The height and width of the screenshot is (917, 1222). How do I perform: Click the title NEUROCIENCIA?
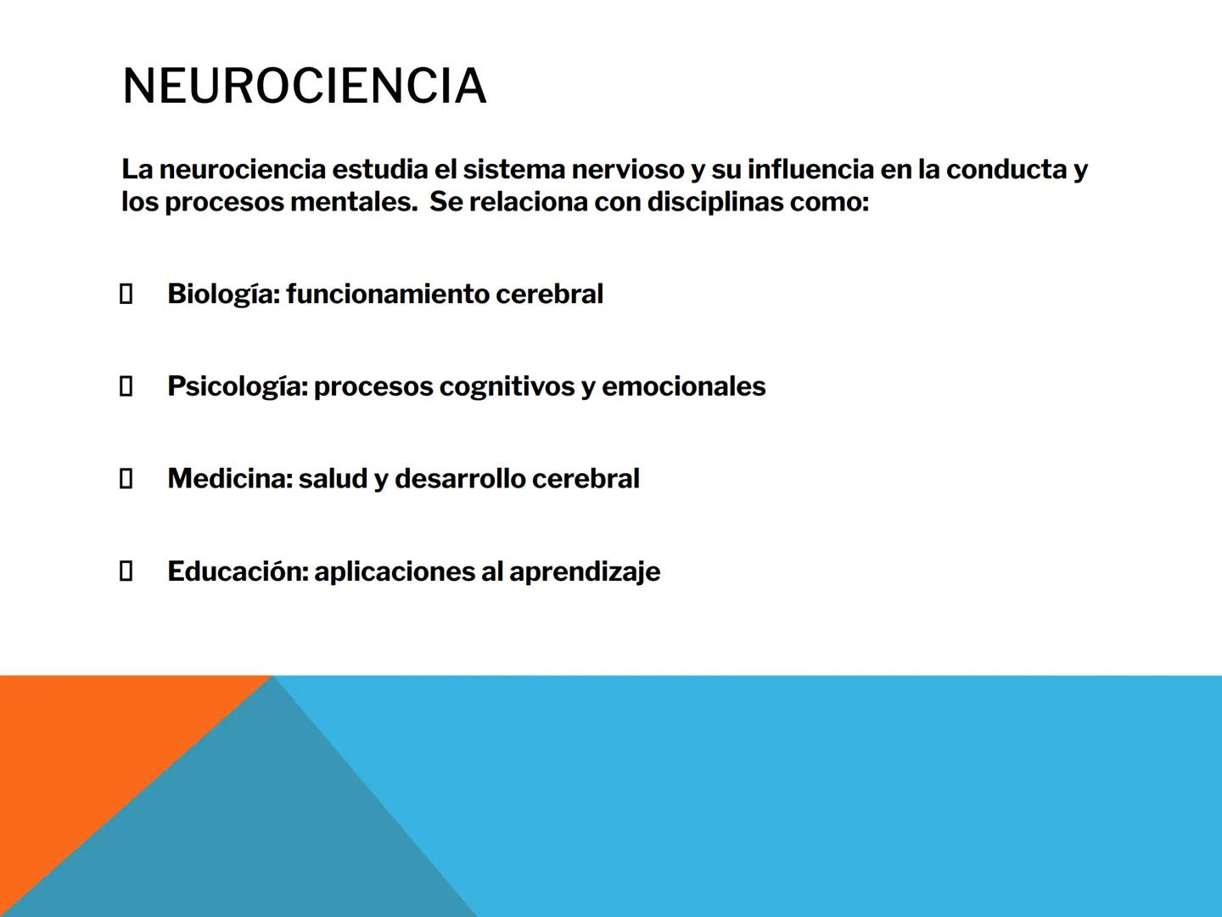[x=304, y=86]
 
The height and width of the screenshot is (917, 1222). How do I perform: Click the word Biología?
[x=222, y=294]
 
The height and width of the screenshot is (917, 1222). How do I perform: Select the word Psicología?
[x=237, y=386]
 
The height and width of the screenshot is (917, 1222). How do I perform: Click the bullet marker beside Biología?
[x=126, y=295]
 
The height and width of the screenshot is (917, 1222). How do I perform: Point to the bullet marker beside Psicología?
[x=126, y=387]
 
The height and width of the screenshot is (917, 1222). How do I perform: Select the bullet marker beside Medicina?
[x=126, y=479]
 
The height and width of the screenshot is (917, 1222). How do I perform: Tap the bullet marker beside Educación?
[x=126, y=571]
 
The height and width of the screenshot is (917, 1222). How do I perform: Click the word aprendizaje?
[x=585, y=572]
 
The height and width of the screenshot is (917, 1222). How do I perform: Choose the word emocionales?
[x=683, y=386]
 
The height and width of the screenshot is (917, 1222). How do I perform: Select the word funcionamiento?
[x=387, y=294]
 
